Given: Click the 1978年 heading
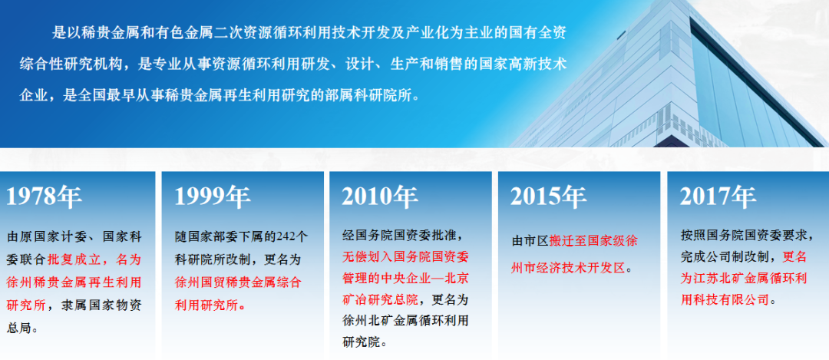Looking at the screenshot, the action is (44, 197).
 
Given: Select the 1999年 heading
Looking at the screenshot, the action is (213, 197).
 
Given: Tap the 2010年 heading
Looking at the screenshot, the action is (380, 197).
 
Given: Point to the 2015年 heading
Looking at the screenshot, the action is (548, 197).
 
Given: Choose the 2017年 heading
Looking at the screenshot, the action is (718, 197).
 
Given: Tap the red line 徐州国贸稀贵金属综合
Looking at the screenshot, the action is (238, 282).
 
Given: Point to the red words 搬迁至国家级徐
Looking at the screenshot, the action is (593, 241).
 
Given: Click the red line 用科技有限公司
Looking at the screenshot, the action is (725, 300).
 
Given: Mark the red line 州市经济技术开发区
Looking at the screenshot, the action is (568, 268).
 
